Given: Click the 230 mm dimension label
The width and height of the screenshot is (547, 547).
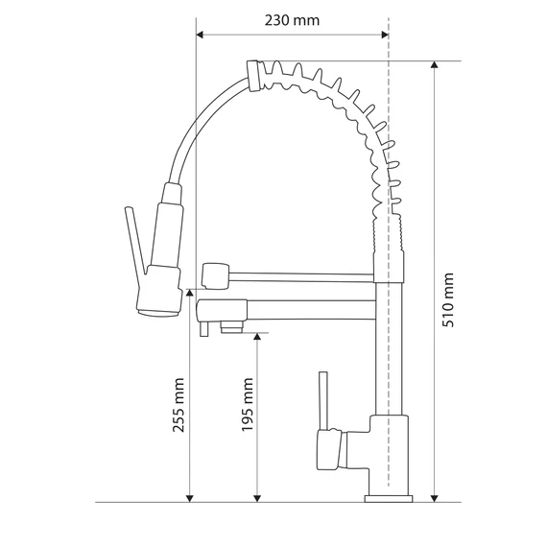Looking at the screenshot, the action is [292, 20].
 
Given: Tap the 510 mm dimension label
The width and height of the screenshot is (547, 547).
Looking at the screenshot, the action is [448, 300].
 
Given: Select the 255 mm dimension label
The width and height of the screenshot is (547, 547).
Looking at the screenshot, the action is [178, 405].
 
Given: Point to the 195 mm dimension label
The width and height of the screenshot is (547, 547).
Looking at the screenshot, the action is [248, 405].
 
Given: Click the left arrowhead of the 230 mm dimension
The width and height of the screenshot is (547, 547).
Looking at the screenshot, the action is [200, 35].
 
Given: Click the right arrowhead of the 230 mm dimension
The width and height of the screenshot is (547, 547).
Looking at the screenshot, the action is [385, 35].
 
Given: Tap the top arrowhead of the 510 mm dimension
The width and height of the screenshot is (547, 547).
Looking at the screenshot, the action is [435, 65].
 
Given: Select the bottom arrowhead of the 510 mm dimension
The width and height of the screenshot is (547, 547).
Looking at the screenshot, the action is [435, 498].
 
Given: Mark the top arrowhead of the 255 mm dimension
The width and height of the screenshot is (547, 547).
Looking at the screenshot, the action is [189, 293].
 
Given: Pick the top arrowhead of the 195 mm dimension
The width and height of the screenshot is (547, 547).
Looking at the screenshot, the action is [257, 337].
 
